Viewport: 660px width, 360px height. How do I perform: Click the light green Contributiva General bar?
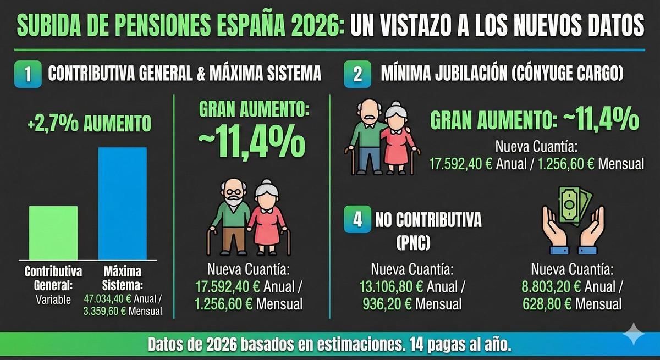(x=53, y=232)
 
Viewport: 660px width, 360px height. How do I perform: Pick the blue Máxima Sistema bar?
(x=122, y=203)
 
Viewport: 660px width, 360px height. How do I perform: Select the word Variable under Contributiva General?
(x=53, y=300)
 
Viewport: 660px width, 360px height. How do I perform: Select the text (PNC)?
(x=412, y=241)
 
